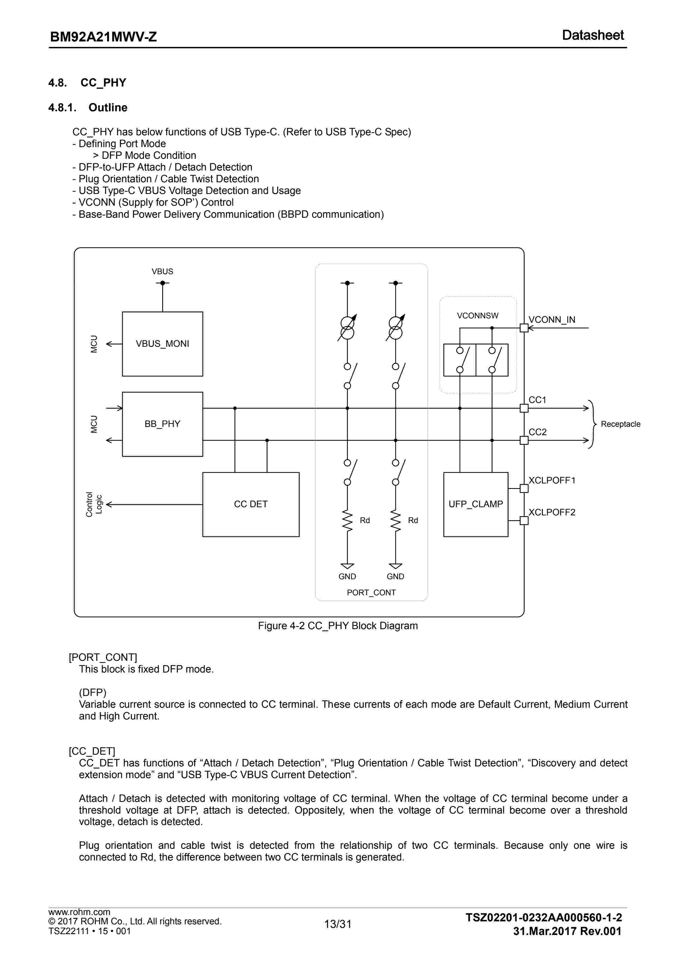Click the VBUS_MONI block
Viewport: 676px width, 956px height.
click(x=162, y=344)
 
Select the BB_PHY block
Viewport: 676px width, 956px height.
click(x=162, y=424)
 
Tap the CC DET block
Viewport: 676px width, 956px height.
click(x=251, y=504)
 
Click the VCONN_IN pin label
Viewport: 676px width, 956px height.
click(x=552, y=320)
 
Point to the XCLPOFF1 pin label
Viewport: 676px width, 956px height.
click(x=552, y=480)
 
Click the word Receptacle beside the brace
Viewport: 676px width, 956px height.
click(x=620, y=424)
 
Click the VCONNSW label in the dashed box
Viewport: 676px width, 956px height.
click(x=477, y=316)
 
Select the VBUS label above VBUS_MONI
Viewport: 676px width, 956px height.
click(x=162, y=271)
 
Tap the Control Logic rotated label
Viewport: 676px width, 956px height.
click(x=94, y=504)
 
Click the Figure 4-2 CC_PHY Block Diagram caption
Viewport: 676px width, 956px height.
click(x=338, y=626)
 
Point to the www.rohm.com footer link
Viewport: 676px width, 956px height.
click(x=79, y=912)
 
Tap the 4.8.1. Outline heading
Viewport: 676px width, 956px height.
click(x=88, y=107)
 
